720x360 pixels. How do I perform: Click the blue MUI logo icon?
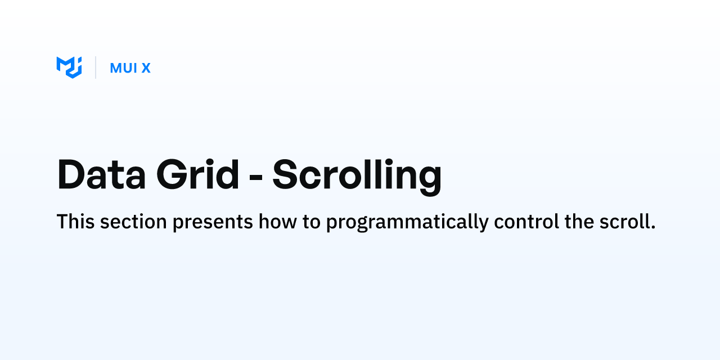[69, 67]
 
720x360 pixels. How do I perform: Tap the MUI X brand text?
[130, 68]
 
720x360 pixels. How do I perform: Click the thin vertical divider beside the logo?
[96, 67]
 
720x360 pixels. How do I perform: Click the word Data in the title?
[102, 174]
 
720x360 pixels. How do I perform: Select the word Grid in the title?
[197, 174]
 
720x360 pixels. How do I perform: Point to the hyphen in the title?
[256, 177]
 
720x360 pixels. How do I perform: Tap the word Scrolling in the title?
[357, 177]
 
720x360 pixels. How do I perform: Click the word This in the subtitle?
[75, 222]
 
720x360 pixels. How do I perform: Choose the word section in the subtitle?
[133, 222]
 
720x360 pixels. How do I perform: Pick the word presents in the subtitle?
[213, 223]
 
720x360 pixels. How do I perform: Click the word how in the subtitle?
[278, 222]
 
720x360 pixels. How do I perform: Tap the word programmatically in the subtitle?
[407, 223]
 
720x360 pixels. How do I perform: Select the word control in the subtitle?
[526, 222]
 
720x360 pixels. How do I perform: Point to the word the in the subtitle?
[579, 222]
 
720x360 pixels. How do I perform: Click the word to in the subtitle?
[312, 222]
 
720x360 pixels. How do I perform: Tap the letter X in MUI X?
[146, 68]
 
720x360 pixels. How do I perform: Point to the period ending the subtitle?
[653, 227]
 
